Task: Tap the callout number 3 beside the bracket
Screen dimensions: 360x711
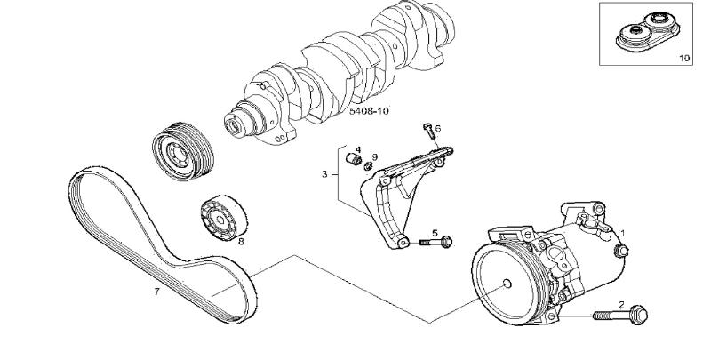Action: click(x=325, y=174)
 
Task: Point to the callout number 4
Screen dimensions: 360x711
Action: click(x=358, y=150)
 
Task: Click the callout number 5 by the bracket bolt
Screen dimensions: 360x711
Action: click(x=435, y=233)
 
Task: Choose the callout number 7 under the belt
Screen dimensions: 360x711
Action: click(x=156, y=291)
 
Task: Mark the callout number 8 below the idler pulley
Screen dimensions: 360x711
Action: click(x=240, y=240)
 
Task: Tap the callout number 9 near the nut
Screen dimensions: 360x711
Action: click(x=375, y=156)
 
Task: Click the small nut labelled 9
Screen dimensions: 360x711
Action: click(x=367, y=165)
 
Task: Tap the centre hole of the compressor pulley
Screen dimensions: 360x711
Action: click(x=506, y=284)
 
